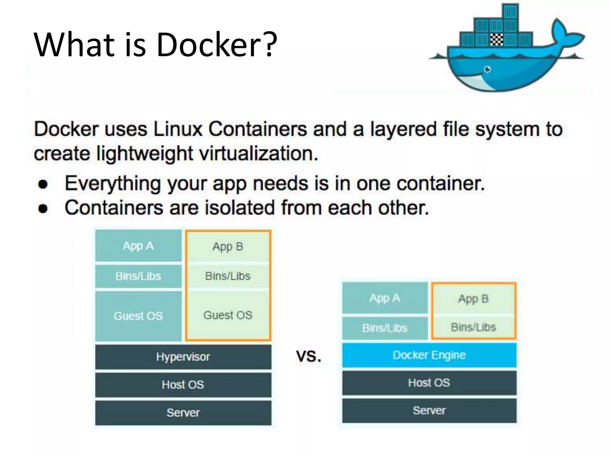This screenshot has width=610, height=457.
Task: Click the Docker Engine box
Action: click(429, 355)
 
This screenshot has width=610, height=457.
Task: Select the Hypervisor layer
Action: click(183, 357)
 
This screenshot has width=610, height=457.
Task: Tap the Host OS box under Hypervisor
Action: click(183, 385)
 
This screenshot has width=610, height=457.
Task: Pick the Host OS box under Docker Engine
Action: click(429, 383)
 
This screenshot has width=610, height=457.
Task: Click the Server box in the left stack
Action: click(183, 413)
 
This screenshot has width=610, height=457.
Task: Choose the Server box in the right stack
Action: click(429, 411)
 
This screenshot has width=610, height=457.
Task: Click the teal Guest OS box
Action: click(138, 316)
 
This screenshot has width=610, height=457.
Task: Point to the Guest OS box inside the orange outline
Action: click(228, 315)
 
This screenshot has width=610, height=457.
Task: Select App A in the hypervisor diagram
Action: click(138, 246)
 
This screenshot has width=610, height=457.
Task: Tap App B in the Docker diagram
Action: click(474, 299)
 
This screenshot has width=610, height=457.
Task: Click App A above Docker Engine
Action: click(385, 298)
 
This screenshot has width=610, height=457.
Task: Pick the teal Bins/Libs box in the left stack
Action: click(138, 276)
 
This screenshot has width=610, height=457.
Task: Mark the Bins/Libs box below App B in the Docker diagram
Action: click(474, 327)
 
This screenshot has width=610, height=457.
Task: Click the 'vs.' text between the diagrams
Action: click(309, 356)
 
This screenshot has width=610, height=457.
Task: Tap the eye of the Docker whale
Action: click(488, 69)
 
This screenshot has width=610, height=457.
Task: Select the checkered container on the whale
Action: click(497, 39)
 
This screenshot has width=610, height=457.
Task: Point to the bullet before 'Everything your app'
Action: click(43, 184)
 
